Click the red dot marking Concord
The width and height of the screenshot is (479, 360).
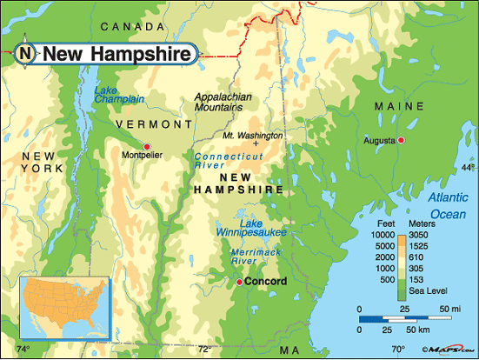(x=239, y=282)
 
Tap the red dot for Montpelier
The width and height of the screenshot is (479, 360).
(x=147, y=145)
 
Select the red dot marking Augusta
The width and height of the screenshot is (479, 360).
(x=401, y=140)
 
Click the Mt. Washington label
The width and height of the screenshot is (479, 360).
(x=252, y=136)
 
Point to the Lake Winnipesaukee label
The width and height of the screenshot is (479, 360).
(x=250, y=226)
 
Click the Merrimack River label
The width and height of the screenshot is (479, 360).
(x=254, y=256)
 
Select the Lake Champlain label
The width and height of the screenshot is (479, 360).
(x=119, y=94)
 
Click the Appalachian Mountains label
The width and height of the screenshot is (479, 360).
(x=218, y=102)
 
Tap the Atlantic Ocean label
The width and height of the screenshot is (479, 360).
(x=449, y=204)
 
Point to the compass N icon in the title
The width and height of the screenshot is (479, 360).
(x=27, y=54)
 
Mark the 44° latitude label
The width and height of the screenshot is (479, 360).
(x=468, y=167)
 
